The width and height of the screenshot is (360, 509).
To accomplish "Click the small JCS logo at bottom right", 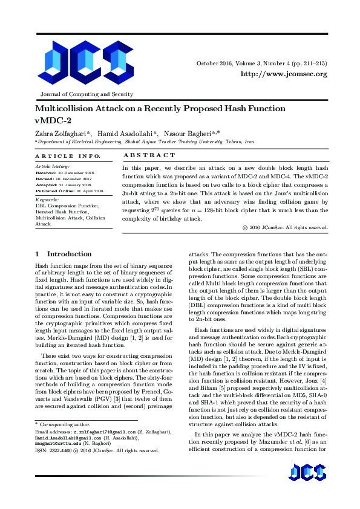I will tap(309, 489).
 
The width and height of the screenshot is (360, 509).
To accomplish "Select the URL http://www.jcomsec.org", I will tap(284, 74).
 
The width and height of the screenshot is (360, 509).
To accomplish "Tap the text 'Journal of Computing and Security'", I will tap(87, 94).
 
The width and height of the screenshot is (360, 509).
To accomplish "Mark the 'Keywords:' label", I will tap(47, 199).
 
